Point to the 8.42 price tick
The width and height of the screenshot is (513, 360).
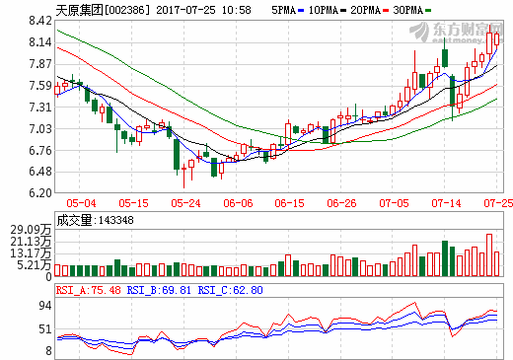click(x=39, y=20)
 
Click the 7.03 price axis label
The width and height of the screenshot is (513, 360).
click(x=39, y=128)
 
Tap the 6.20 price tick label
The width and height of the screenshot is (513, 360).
click(x=39, y=194)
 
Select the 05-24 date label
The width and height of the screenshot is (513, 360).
click(x=184, y=203)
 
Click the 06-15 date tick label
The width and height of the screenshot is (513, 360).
click(x=289, y=203)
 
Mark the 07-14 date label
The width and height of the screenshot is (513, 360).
click(x=447, y=203)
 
